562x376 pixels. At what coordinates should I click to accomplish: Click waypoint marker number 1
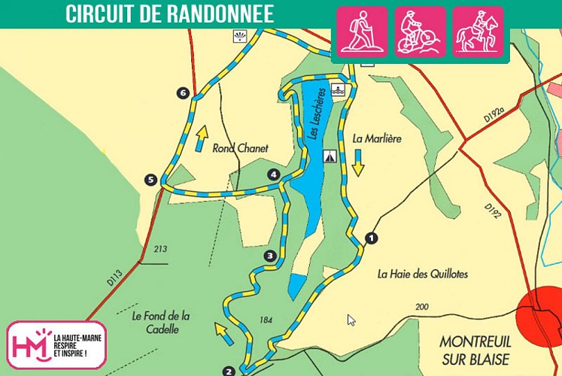tap(369, 238)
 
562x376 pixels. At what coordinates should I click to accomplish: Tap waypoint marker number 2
tap(229, 371)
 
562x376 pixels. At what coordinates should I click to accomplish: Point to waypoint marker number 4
tap(273, 174)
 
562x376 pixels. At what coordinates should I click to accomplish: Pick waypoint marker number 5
tap(151, 180)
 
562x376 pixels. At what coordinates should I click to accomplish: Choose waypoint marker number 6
tap(182, 93)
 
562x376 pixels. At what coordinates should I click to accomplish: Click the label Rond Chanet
tap(240, 148)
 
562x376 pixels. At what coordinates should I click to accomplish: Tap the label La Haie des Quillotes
tap(422, 274)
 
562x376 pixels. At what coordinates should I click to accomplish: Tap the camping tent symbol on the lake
tap(329, 156)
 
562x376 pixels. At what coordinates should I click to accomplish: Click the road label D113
tap(114, 277)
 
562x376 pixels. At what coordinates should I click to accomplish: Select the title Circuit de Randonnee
tap(169, 14)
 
